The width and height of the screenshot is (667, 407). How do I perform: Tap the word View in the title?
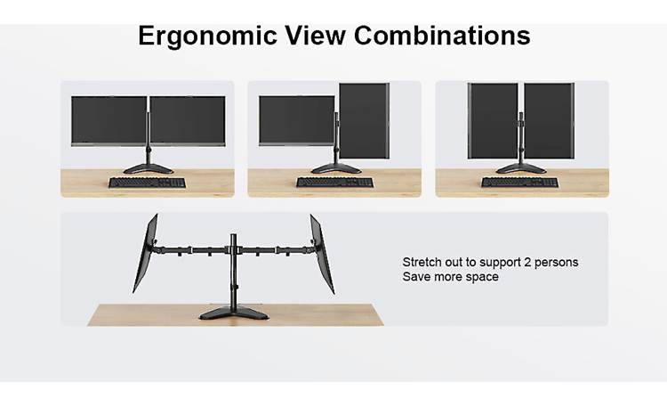point(318,36)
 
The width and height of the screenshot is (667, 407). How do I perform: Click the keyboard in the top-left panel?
point(148,183)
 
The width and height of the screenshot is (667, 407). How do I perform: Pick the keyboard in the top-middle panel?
point(334,183)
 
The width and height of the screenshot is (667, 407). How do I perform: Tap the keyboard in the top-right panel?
point(520,183)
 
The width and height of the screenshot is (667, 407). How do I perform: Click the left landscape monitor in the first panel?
point(109,120)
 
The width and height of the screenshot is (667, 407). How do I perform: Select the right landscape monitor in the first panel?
point(187,120)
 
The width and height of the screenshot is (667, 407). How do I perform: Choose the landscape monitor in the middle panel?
point(296,120)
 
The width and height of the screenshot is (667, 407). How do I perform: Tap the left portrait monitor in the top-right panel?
point(494,121)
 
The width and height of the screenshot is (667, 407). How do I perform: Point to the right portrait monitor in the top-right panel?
point(549,121)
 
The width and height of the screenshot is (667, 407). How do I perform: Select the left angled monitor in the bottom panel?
point(146,253)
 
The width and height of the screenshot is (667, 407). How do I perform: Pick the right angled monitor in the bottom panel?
point(322,253)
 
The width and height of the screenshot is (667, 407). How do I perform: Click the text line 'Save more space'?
point(450,277)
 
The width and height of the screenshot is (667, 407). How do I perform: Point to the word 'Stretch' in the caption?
point(422,262)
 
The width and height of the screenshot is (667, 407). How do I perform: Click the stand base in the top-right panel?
point(521,168)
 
